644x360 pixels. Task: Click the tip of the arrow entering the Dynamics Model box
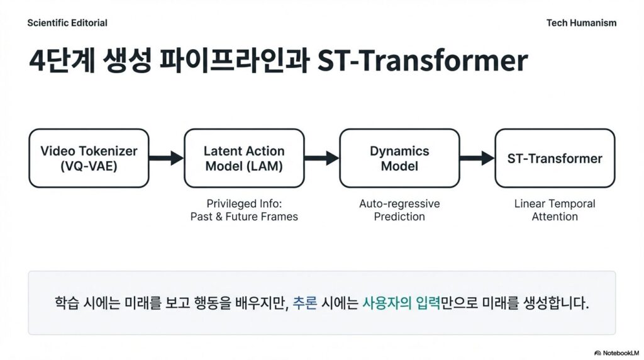(x=339, y=158)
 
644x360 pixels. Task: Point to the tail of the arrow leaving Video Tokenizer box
(x=149, y=158)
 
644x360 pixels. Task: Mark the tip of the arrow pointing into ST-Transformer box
(x=495, y=158)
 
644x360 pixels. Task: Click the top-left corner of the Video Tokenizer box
(x=29, y=129)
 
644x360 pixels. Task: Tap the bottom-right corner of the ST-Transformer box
(x=615, y=188)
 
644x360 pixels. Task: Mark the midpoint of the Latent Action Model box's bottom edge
(x=245, y=188)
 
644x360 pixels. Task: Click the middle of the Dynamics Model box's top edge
(x=399, y=129)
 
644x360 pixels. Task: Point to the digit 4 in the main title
(x=37, y=61)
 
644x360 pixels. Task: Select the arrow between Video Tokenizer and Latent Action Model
(x=167, y=158)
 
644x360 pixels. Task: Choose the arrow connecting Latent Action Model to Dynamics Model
(x=322, y=158)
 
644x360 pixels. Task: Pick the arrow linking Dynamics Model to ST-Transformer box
(x=477, y=158)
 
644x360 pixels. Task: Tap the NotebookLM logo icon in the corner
(x=597, y=353)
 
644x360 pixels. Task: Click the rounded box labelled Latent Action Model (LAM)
(x=245, y=158)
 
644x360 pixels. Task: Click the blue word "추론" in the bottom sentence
(x=305, y=303)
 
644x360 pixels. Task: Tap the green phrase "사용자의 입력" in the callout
(x=401, y=303)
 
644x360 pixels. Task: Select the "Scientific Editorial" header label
(x=67, y=23)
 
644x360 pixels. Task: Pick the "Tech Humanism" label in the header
(x=581, y=23)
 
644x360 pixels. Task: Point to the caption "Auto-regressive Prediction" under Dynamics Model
(x=399, y=210)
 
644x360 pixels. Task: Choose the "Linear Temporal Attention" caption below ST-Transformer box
(x=555, y=210)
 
